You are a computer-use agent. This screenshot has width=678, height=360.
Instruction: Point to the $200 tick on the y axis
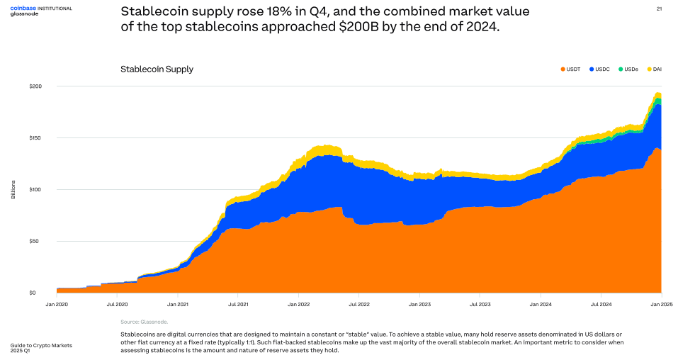[x=36, y=86]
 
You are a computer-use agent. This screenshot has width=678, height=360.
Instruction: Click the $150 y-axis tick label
[x=36, y=137]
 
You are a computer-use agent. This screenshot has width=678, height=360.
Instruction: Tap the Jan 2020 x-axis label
[x=57, y=303]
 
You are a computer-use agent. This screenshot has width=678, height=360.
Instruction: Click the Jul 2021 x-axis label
[x=238, y=303]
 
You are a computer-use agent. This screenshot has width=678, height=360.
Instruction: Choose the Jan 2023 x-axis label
[x=419, y=303]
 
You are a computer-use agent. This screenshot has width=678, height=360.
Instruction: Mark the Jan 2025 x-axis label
[x=661, y=303]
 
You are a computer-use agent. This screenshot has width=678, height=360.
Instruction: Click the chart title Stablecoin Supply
[x=157, y=69]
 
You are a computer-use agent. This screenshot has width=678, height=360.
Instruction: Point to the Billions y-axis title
[x=13, y=189]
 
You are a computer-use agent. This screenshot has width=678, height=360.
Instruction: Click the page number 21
[x=660, y=9]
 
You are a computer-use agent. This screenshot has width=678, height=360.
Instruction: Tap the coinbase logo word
[x=23, y=7]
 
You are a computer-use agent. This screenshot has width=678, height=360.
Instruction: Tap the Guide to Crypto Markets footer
[x=41, y=345]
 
